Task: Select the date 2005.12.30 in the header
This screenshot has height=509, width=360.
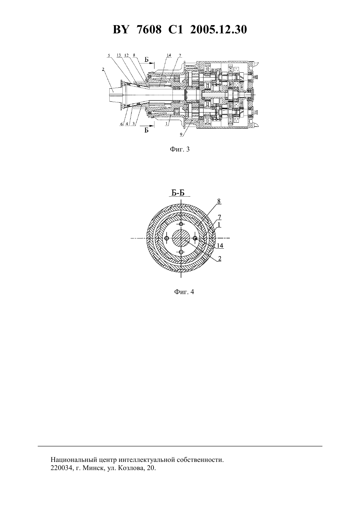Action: pyautogui.click(x=218, y=30)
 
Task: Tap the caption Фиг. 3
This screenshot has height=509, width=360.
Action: pyautogui.click(x=180, y=149)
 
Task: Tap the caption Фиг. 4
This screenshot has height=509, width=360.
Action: pyautogui.click(x=184, y=292)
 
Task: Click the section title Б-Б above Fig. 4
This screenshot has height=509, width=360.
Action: pyautogui.click(x=178, y=193)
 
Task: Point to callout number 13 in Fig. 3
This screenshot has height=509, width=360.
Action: pyautogui.click(x=118, y=55)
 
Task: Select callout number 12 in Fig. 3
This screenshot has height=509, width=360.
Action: pyautogui.click(x=127, y=55)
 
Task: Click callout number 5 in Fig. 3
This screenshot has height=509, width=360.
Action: pyautogui.click(x=109, y=55)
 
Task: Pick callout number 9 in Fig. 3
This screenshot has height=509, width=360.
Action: pyautogui.click(x=181, y=134)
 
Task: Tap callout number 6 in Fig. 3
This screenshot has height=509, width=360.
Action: pyautogui.click(x=122, y=124)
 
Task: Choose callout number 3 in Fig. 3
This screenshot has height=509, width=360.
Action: pyautogui.click(x=134, y=124)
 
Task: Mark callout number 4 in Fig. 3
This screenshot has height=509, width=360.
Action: pyautogui.click(x=127, y=124)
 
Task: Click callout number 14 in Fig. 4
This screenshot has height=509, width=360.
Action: pyautogui.click(x=220, y=246)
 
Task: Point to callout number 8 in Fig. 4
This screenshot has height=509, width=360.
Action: pyautogui.click(x=219, y=201)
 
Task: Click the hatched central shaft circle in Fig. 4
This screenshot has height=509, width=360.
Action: pyautogui.click(x=181, y=238)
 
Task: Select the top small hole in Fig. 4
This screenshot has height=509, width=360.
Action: pyautogui.click(x=181, y=224)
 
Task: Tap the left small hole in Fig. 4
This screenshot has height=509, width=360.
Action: pyautogui.click(x=167, y=238)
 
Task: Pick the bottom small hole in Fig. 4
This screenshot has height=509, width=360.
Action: pyautogui.click(x=181, y=252)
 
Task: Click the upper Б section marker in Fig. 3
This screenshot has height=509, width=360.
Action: pyautogui.click(x=147, y=60)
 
